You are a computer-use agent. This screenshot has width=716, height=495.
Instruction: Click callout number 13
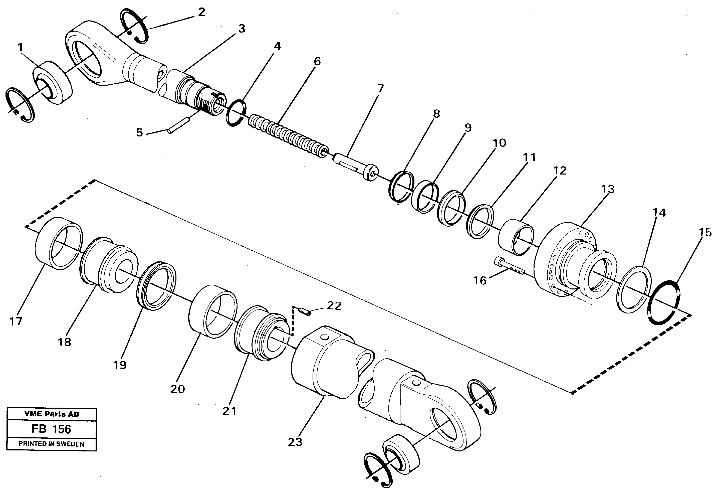click(608, 189)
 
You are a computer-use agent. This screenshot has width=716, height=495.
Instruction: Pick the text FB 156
click(51, 429)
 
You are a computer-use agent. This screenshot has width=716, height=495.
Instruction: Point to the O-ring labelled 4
click(236, 113)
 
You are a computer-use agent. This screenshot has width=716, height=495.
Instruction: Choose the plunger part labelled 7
click(356, 166)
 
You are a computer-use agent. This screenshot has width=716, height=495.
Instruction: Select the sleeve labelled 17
click(59, 243)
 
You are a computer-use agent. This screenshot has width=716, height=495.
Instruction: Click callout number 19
click(120, 365)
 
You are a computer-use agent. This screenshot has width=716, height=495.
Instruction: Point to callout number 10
click(499, 143)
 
